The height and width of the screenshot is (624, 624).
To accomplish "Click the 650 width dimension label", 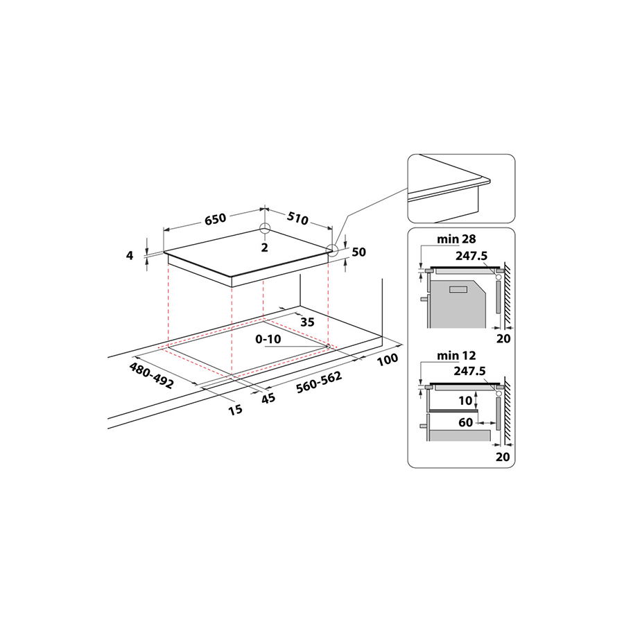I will coord(215,219).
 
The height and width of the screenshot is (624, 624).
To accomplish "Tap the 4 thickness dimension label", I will coord(130,255).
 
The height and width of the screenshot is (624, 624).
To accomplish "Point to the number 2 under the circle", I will coord(264,248).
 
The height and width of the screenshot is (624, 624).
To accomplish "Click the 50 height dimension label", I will coord(358,252).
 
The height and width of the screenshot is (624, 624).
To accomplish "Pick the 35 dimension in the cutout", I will coord(307,322).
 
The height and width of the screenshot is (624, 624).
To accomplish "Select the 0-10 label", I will coord(268,340).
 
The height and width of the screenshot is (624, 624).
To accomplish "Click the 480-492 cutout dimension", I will coord(151,374).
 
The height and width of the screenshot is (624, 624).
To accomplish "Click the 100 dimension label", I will coord(389,359).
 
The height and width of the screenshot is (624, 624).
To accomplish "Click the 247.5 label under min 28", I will coord(471,254).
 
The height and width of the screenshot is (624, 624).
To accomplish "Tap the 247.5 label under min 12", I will coord(471,371).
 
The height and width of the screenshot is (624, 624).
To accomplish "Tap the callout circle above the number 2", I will coord(264,229).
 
